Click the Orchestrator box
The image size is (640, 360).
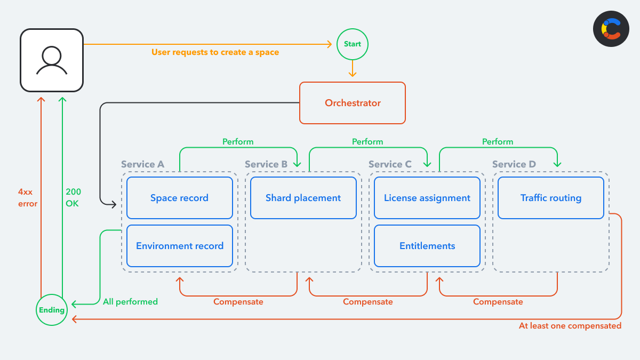click(x=353, y=103)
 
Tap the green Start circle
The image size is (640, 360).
click(x=353, y=44)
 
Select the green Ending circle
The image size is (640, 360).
click(x=52, y=310)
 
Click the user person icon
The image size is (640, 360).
click(x=52, y=60)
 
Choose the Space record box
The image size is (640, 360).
click(x=179, y=198)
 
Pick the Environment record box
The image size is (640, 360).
click(x=179, y=246)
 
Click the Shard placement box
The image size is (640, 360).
click(x=303, y=198)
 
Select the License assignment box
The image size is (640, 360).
click(x=427, y=198)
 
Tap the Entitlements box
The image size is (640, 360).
click(x=427, y=246)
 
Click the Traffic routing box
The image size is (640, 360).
click(x=550, y=198)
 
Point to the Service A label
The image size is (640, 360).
click(x=142, y=164)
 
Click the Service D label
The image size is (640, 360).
click(x=514, y=164)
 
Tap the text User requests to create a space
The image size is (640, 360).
click(x=215, y=52)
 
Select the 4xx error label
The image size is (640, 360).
click(x=28, y=197)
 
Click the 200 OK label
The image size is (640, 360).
click(x=73, y=197)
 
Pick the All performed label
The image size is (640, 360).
click(x=130, y=302)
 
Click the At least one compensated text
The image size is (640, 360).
click(x=570, y=325)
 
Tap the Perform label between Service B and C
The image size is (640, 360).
click(x=367, y=142)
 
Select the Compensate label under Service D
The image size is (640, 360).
click(x=498, y=302)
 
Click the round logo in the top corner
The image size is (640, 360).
click(x=611, y=29)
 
